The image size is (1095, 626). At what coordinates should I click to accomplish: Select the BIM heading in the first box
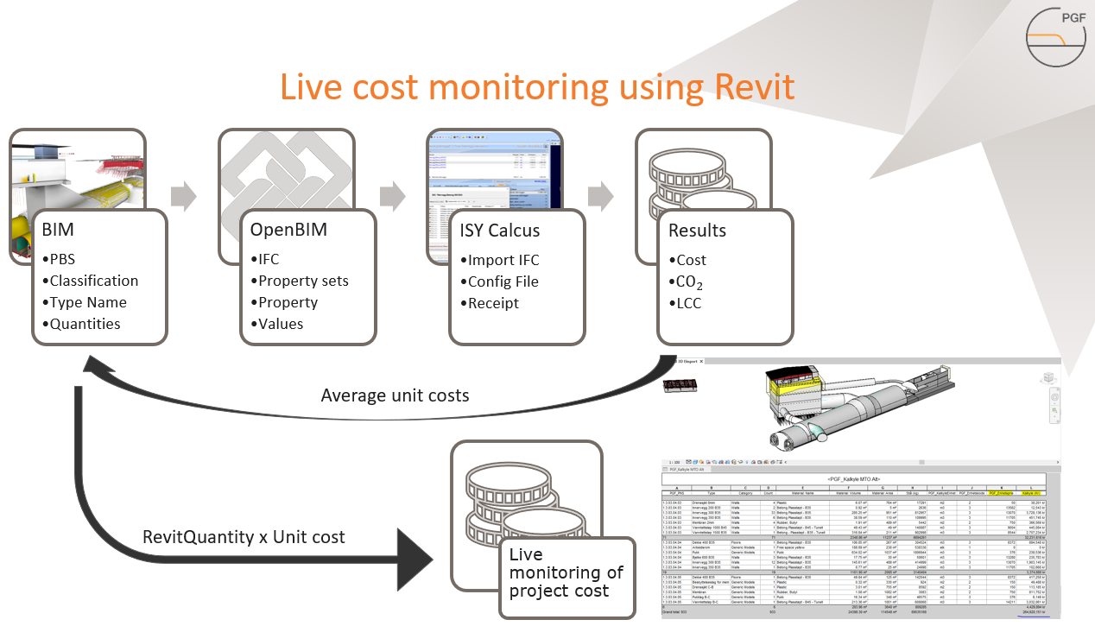[59, 231]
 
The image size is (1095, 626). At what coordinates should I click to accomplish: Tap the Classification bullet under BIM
[93, 281]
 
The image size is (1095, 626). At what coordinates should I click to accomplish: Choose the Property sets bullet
[303, 281]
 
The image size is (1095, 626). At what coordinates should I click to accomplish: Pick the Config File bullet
[503, 281]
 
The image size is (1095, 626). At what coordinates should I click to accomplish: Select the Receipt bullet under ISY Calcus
[493, 303]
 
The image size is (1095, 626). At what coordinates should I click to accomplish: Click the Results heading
[697, 231]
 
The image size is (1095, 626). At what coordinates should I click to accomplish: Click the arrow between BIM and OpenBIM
[183, 196]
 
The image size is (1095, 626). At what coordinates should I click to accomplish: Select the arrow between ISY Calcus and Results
[601, 196]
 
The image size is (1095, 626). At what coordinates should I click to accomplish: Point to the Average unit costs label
[395, 395]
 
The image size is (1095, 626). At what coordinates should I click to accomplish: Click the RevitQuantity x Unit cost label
[244, 537]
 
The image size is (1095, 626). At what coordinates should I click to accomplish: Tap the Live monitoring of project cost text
[565, 572]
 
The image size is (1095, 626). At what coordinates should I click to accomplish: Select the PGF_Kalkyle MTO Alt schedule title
[853, 478]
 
